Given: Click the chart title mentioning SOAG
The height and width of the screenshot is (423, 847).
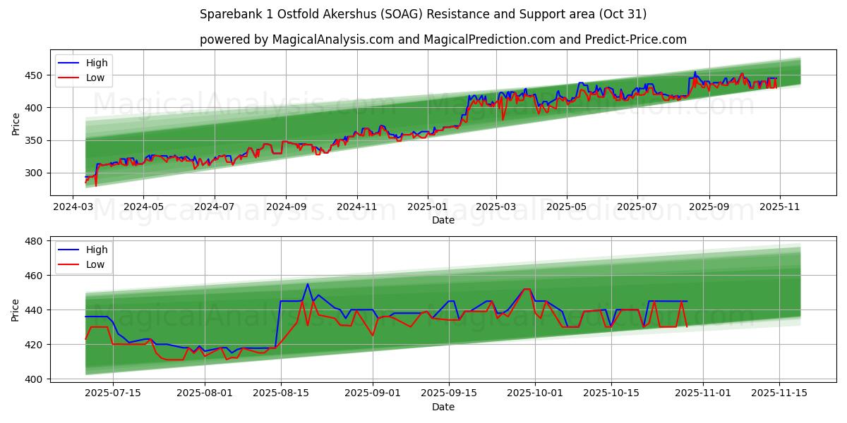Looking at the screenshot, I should (423, 14).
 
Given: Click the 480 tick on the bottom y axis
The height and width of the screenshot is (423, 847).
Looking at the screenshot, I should (34, 241).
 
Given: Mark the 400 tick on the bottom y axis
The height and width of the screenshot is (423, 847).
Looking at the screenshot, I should (34, 379).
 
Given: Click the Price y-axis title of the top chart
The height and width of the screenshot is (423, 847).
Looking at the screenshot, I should (16, 123).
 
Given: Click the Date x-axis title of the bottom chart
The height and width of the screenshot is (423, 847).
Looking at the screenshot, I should (443, 407).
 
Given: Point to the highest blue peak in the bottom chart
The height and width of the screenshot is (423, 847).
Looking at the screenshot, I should (308, 284).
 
